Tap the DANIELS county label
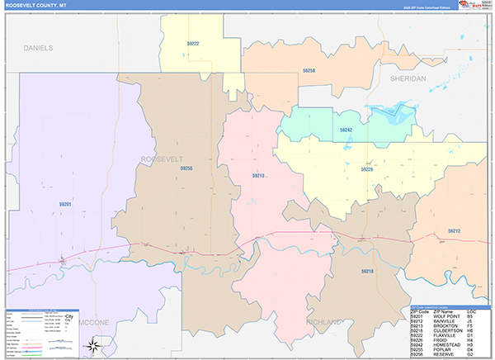tap(38, 49)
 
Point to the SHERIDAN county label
tap(408, 78)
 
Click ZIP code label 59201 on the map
tap(65, 204)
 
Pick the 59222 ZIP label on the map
tap(191, 43)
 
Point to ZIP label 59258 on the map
tap(309, 71)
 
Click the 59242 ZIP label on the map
tap(346, 130)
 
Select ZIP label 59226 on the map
tap(366, 168)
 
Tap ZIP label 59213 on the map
tap(258, 176)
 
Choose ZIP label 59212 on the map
tap(454, 231)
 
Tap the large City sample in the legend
tap(69, 317)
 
